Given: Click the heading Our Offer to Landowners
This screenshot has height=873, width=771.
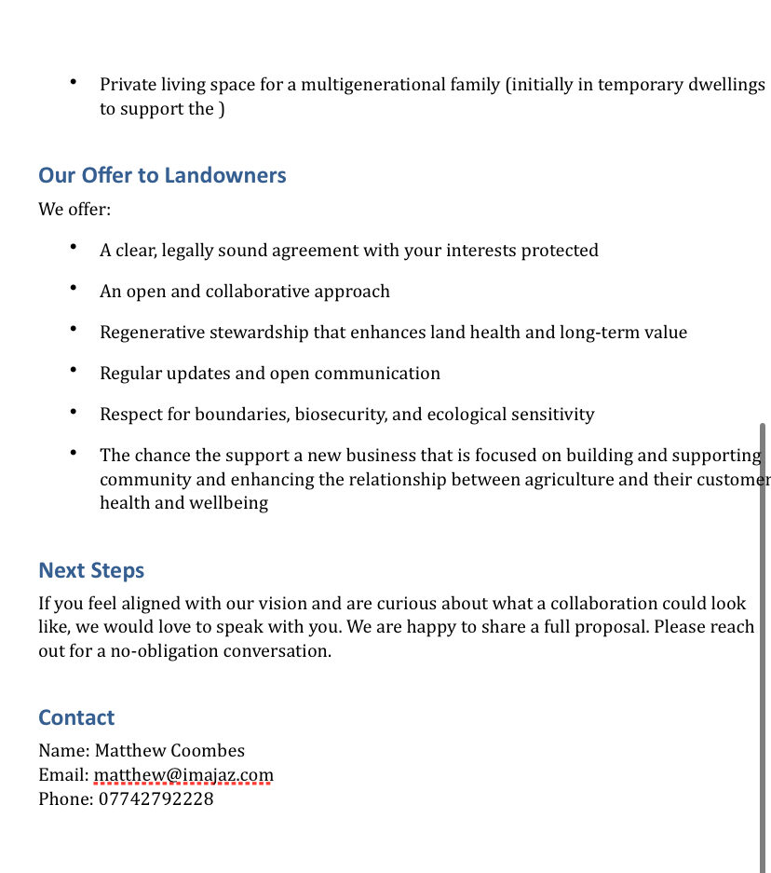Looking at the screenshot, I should click(162, 175).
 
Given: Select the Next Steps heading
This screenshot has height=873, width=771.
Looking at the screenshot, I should click(91, 570).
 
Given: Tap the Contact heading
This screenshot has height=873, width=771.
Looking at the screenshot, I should click(76, 717).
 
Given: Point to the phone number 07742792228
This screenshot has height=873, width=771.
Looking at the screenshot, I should click(156, 799).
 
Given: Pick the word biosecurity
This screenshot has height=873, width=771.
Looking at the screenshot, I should click(339, 415).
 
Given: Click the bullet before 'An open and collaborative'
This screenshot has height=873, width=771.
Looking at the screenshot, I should click(73, 289).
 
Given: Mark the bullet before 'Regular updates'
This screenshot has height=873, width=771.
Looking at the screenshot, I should click(73, 371).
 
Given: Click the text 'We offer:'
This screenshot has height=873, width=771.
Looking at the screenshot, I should click(74, 209).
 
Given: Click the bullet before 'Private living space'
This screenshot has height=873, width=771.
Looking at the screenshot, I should click(73, 82).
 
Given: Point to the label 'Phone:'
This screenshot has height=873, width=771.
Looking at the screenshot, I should click(66, 799).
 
